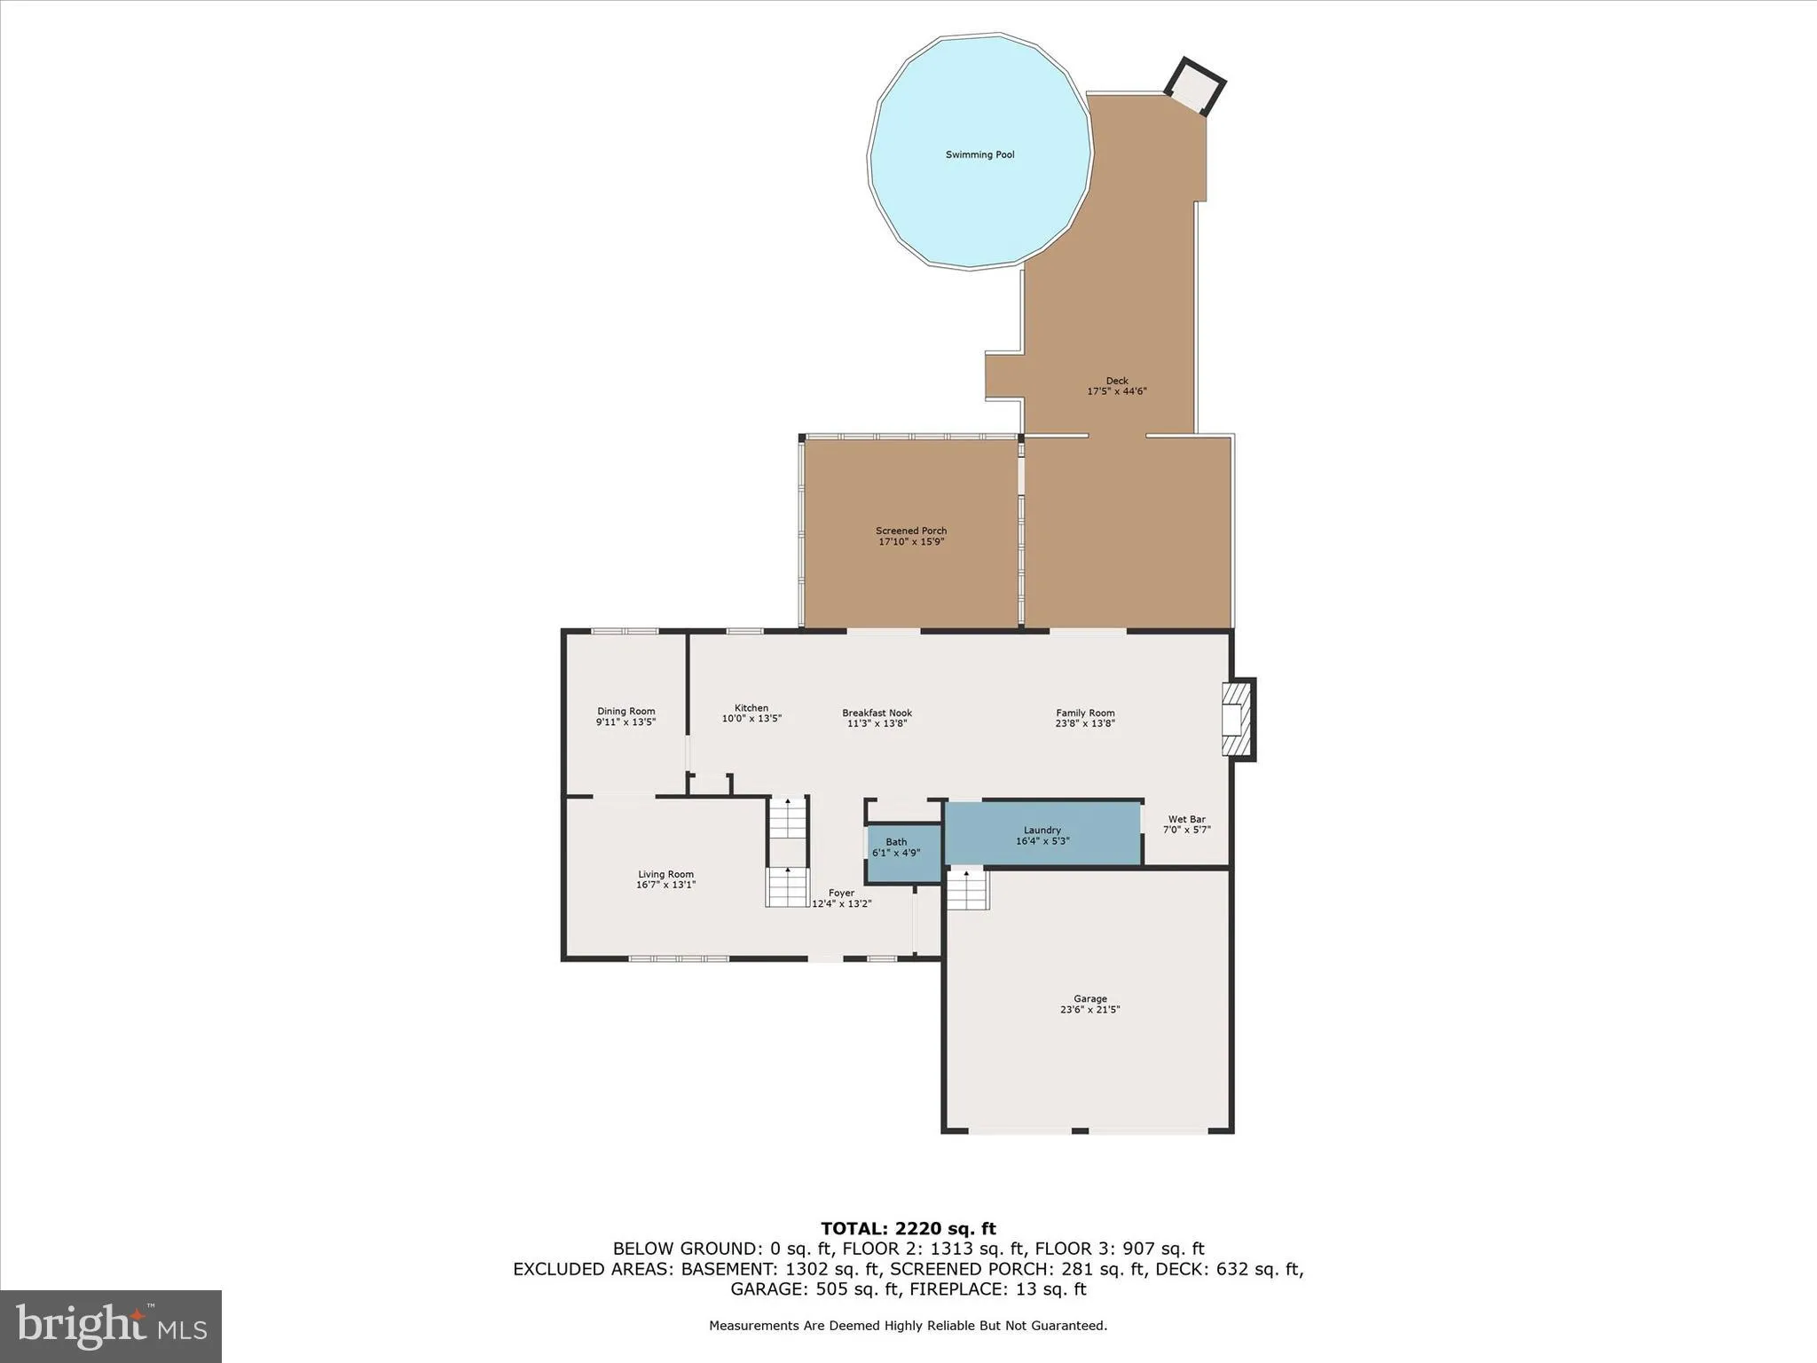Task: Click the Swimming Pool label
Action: [979, 155]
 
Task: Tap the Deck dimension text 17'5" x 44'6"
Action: [1117, 391]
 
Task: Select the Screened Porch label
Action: [911, 531]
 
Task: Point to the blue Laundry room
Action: [1042, 835]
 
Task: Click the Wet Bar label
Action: [1186, 820]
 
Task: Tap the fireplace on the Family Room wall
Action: [1238, 719]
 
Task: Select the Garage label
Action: [1089, 999]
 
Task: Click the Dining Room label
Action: [625, 712]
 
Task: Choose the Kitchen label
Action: [751, 708]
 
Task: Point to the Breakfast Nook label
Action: [877, 713]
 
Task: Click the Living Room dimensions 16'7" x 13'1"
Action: [665, 885]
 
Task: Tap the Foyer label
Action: [841, 893]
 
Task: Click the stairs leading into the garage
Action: [967, 889]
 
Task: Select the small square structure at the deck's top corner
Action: [1194, 86]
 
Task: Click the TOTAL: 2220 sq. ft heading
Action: [908, 1229]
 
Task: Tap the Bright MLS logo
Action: [111, 1326]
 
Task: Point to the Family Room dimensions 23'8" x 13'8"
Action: [1085, 723]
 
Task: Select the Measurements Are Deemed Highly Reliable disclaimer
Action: [908, 1326]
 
